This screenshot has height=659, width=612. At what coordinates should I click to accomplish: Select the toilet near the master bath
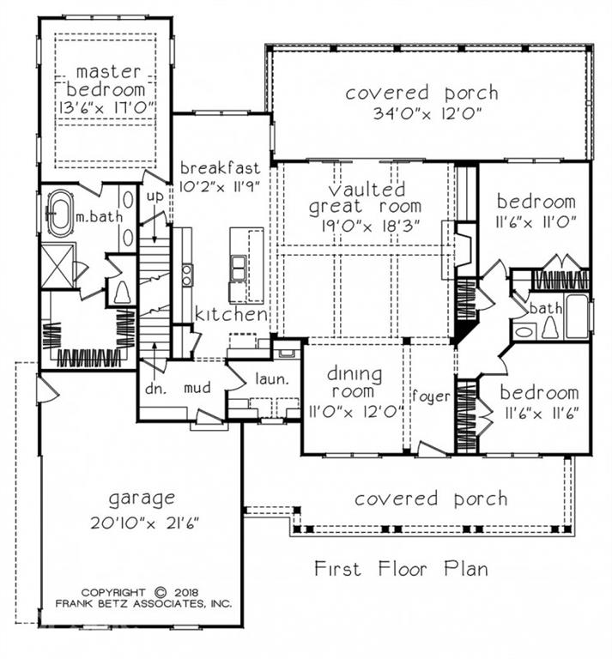(x=121, y=292)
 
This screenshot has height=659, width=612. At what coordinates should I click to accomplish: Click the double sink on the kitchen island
(x=236, y=267)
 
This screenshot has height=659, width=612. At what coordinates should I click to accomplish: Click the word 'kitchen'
(x=230, y=315)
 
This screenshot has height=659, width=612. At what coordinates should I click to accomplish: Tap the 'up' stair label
(x=154, y=196)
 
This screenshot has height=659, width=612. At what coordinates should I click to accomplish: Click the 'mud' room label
(x=197, y=388)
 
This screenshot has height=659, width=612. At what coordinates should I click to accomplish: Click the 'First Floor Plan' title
(x=401, y=568)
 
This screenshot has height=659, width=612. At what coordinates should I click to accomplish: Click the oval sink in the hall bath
(x=523, y=329)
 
